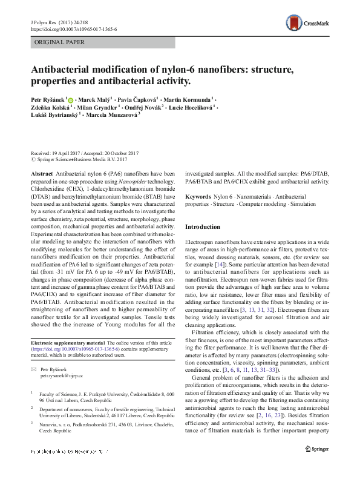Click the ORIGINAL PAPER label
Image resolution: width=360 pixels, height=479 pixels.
[x=60, y=42]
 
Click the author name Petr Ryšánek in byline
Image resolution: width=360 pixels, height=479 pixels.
[x=48, y=99]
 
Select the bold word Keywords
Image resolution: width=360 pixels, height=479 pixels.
[x=198, y=197]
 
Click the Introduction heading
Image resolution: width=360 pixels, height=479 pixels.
[x=202, y=226]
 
